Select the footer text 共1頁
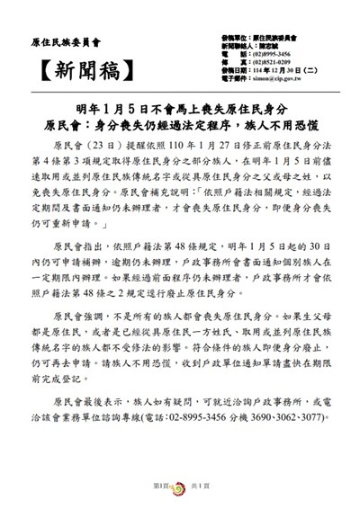pyautogui.click(x=202, y=486)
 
